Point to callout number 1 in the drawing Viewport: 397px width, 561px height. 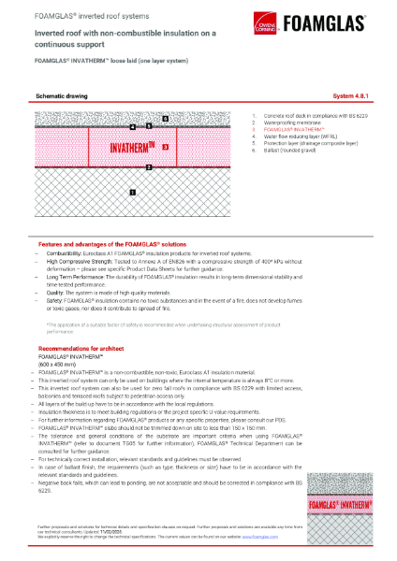(x=132, y=192)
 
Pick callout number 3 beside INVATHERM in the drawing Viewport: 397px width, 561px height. (x=165, y=147)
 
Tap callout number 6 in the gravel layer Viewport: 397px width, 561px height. (x=165, y=119)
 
